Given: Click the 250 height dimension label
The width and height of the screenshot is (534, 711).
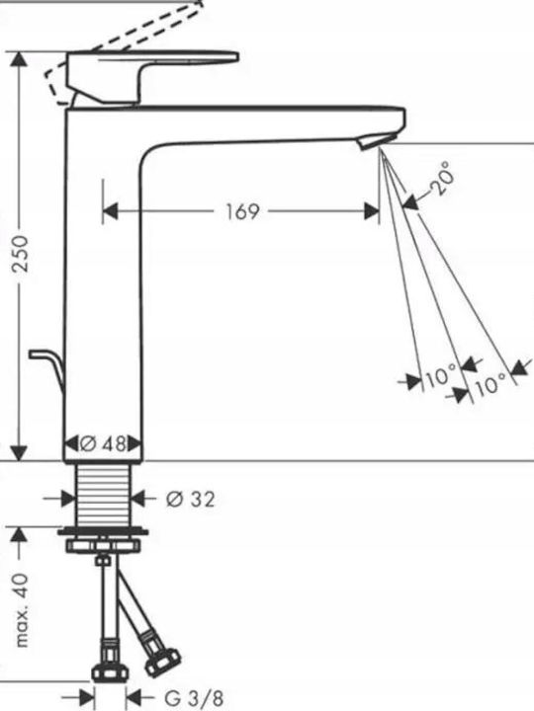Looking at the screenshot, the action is pos(20,254).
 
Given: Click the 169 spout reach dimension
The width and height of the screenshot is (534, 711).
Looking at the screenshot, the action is pos(242,211).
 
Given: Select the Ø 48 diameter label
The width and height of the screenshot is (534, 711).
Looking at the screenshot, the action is pos(103,443).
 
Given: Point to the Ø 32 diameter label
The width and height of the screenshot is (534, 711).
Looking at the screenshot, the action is pos(190,500).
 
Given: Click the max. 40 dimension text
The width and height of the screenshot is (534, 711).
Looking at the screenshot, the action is pos(21,610).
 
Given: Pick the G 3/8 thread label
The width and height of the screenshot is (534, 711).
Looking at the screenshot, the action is pos(194,698).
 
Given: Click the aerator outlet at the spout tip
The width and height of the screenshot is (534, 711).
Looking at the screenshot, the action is pos(377,141).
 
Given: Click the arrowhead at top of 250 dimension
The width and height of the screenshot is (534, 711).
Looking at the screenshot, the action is pos(19,59).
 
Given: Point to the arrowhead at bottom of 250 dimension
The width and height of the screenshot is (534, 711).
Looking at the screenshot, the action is pos(19,453).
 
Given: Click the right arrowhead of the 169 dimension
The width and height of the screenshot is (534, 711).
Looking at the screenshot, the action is pos(372,211).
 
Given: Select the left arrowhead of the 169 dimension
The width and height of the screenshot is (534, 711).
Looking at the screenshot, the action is pos(111,211).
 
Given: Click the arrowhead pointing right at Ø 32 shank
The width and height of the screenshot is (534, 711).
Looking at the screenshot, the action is pos(67,499).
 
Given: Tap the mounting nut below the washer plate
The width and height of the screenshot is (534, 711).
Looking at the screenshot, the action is pos(103,545).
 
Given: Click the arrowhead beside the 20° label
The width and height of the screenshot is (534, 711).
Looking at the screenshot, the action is pos(410,202).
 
